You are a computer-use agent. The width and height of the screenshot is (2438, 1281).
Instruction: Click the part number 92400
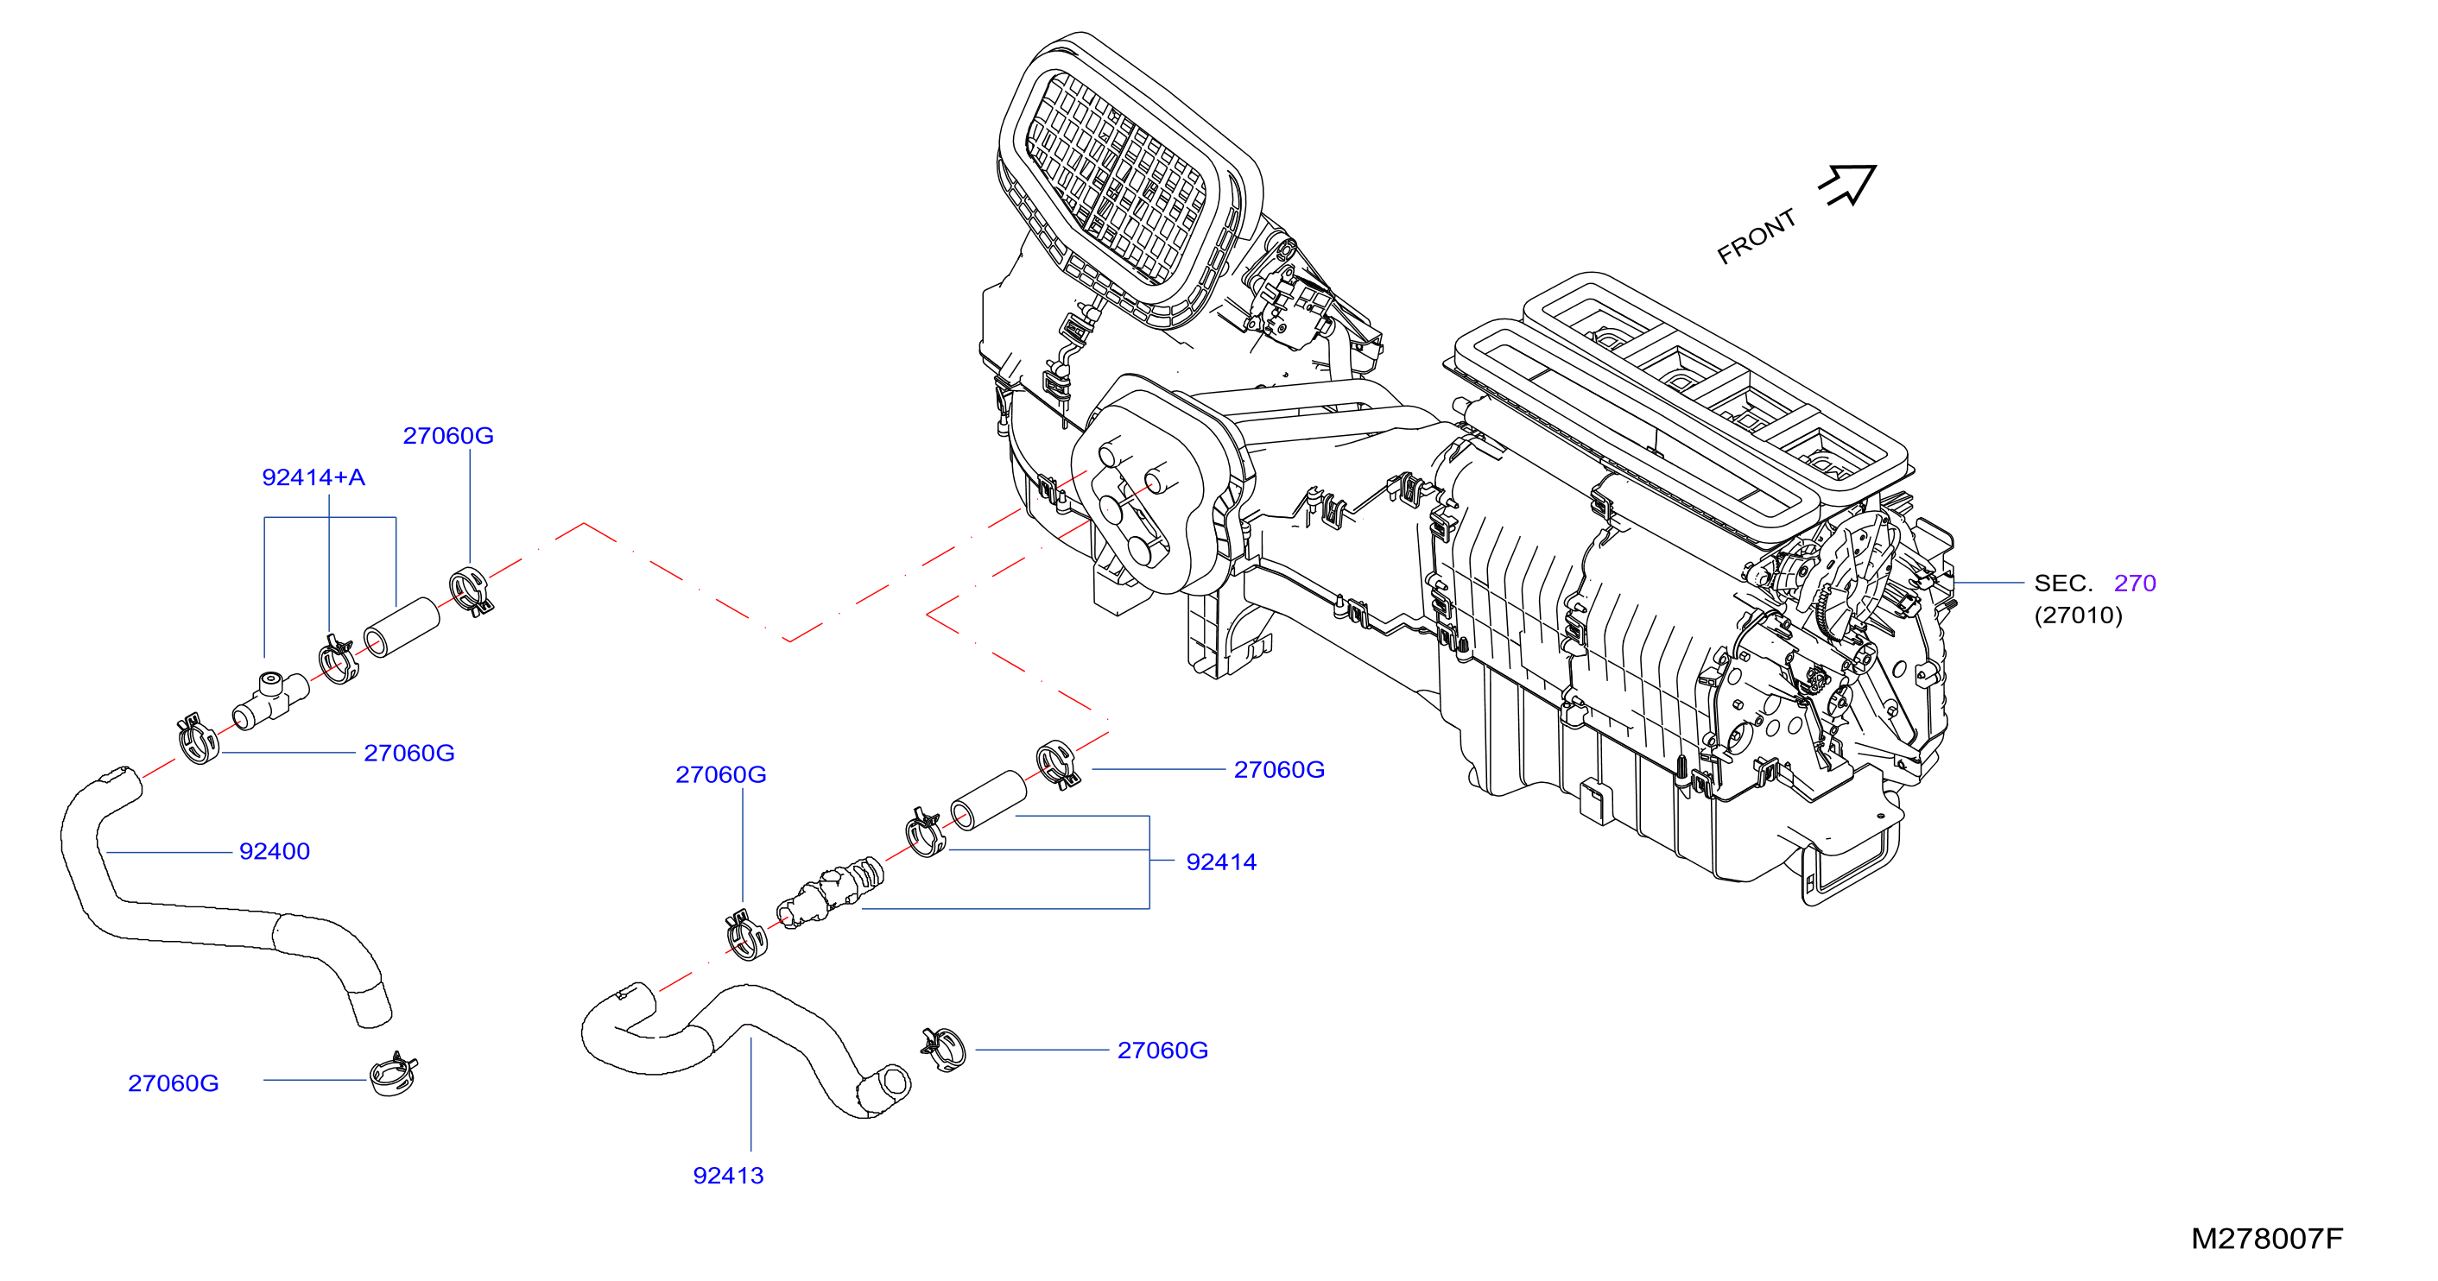click(x=275, y=851)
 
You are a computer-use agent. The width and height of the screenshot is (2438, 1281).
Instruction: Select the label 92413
click(x=728, y=1175)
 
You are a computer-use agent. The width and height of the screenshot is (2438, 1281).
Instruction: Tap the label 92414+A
click(x=313, y=476)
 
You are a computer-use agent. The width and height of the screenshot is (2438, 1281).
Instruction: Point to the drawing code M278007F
click(x=2267, y=1239)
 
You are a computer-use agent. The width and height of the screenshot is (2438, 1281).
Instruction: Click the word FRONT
click(x=1757, y=237)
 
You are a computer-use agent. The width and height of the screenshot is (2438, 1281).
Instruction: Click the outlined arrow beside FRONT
click(x=1847, y=185)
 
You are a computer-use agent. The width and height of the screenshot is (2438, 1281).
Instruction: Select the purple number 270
click(x=2135, y=583)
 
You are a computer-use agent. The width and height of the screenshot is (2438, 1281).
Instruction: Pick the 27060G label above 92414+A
click(x=448, y=435)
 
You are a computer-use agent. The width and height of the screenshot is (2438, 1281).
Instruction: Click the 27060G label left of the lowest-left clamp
click(x=174, y=1082)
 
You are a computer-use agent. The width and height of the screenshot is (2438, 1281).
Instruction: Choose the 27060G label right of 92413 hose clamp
click(x=1163, y=1051)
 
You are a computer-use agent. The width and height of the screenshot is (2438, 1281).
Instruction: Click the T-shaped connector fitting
click(x=270, y=701)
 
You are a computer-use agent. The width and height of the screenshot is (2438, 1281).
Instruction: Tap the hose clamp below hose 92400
click(x=394, y=1075)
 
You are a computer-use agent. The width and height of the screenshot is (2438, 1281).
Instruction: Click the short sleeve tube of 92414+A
click(x=402, y=628)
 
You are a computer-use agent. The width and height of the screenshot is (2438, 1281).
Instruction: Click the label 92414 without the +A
click(x=1221, y=861)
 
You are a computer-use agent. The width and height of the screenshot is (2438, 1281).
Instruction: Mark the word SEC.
click(x=2063, y=583)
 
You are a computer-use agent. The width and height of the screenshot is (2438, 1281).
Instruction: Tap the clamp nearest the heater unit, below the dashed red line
click(x=1057, y=765)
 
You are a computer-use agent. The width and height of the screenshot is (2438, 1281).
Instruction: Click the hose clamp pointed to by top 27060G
click(x=471, y=590)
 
